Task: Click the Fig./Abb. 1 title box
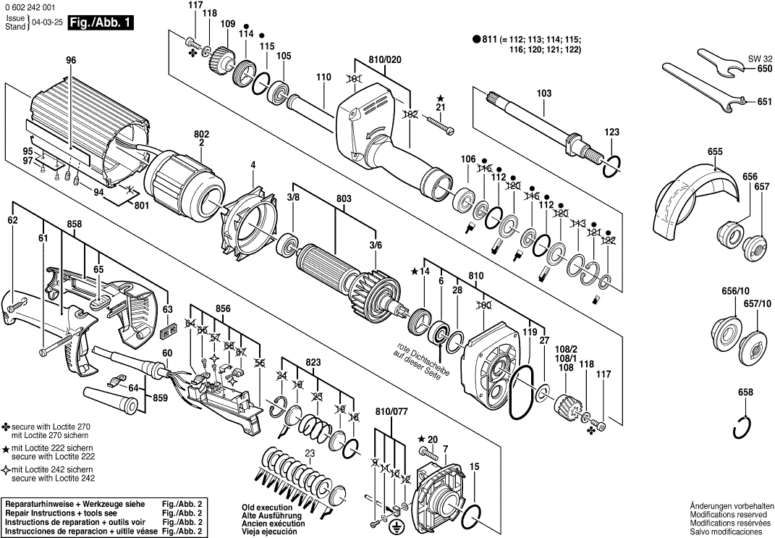pyautogui.click(x=101, y=22)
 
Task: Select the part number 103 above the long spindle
pyautogui.click(x=544, y=93)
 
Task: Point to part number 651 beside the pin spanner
pyautogui.click(x=765, y=102)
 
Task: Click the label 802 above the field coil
pyautogui.click(x=201, y=134)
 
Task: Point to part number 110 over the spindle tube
pyautogui.click(x=323, y=77)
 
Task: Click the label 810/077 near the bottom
pyautogui.click(x=391, y=411)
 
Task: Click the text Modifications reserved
pyautogui.click(x=729, y=513)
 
